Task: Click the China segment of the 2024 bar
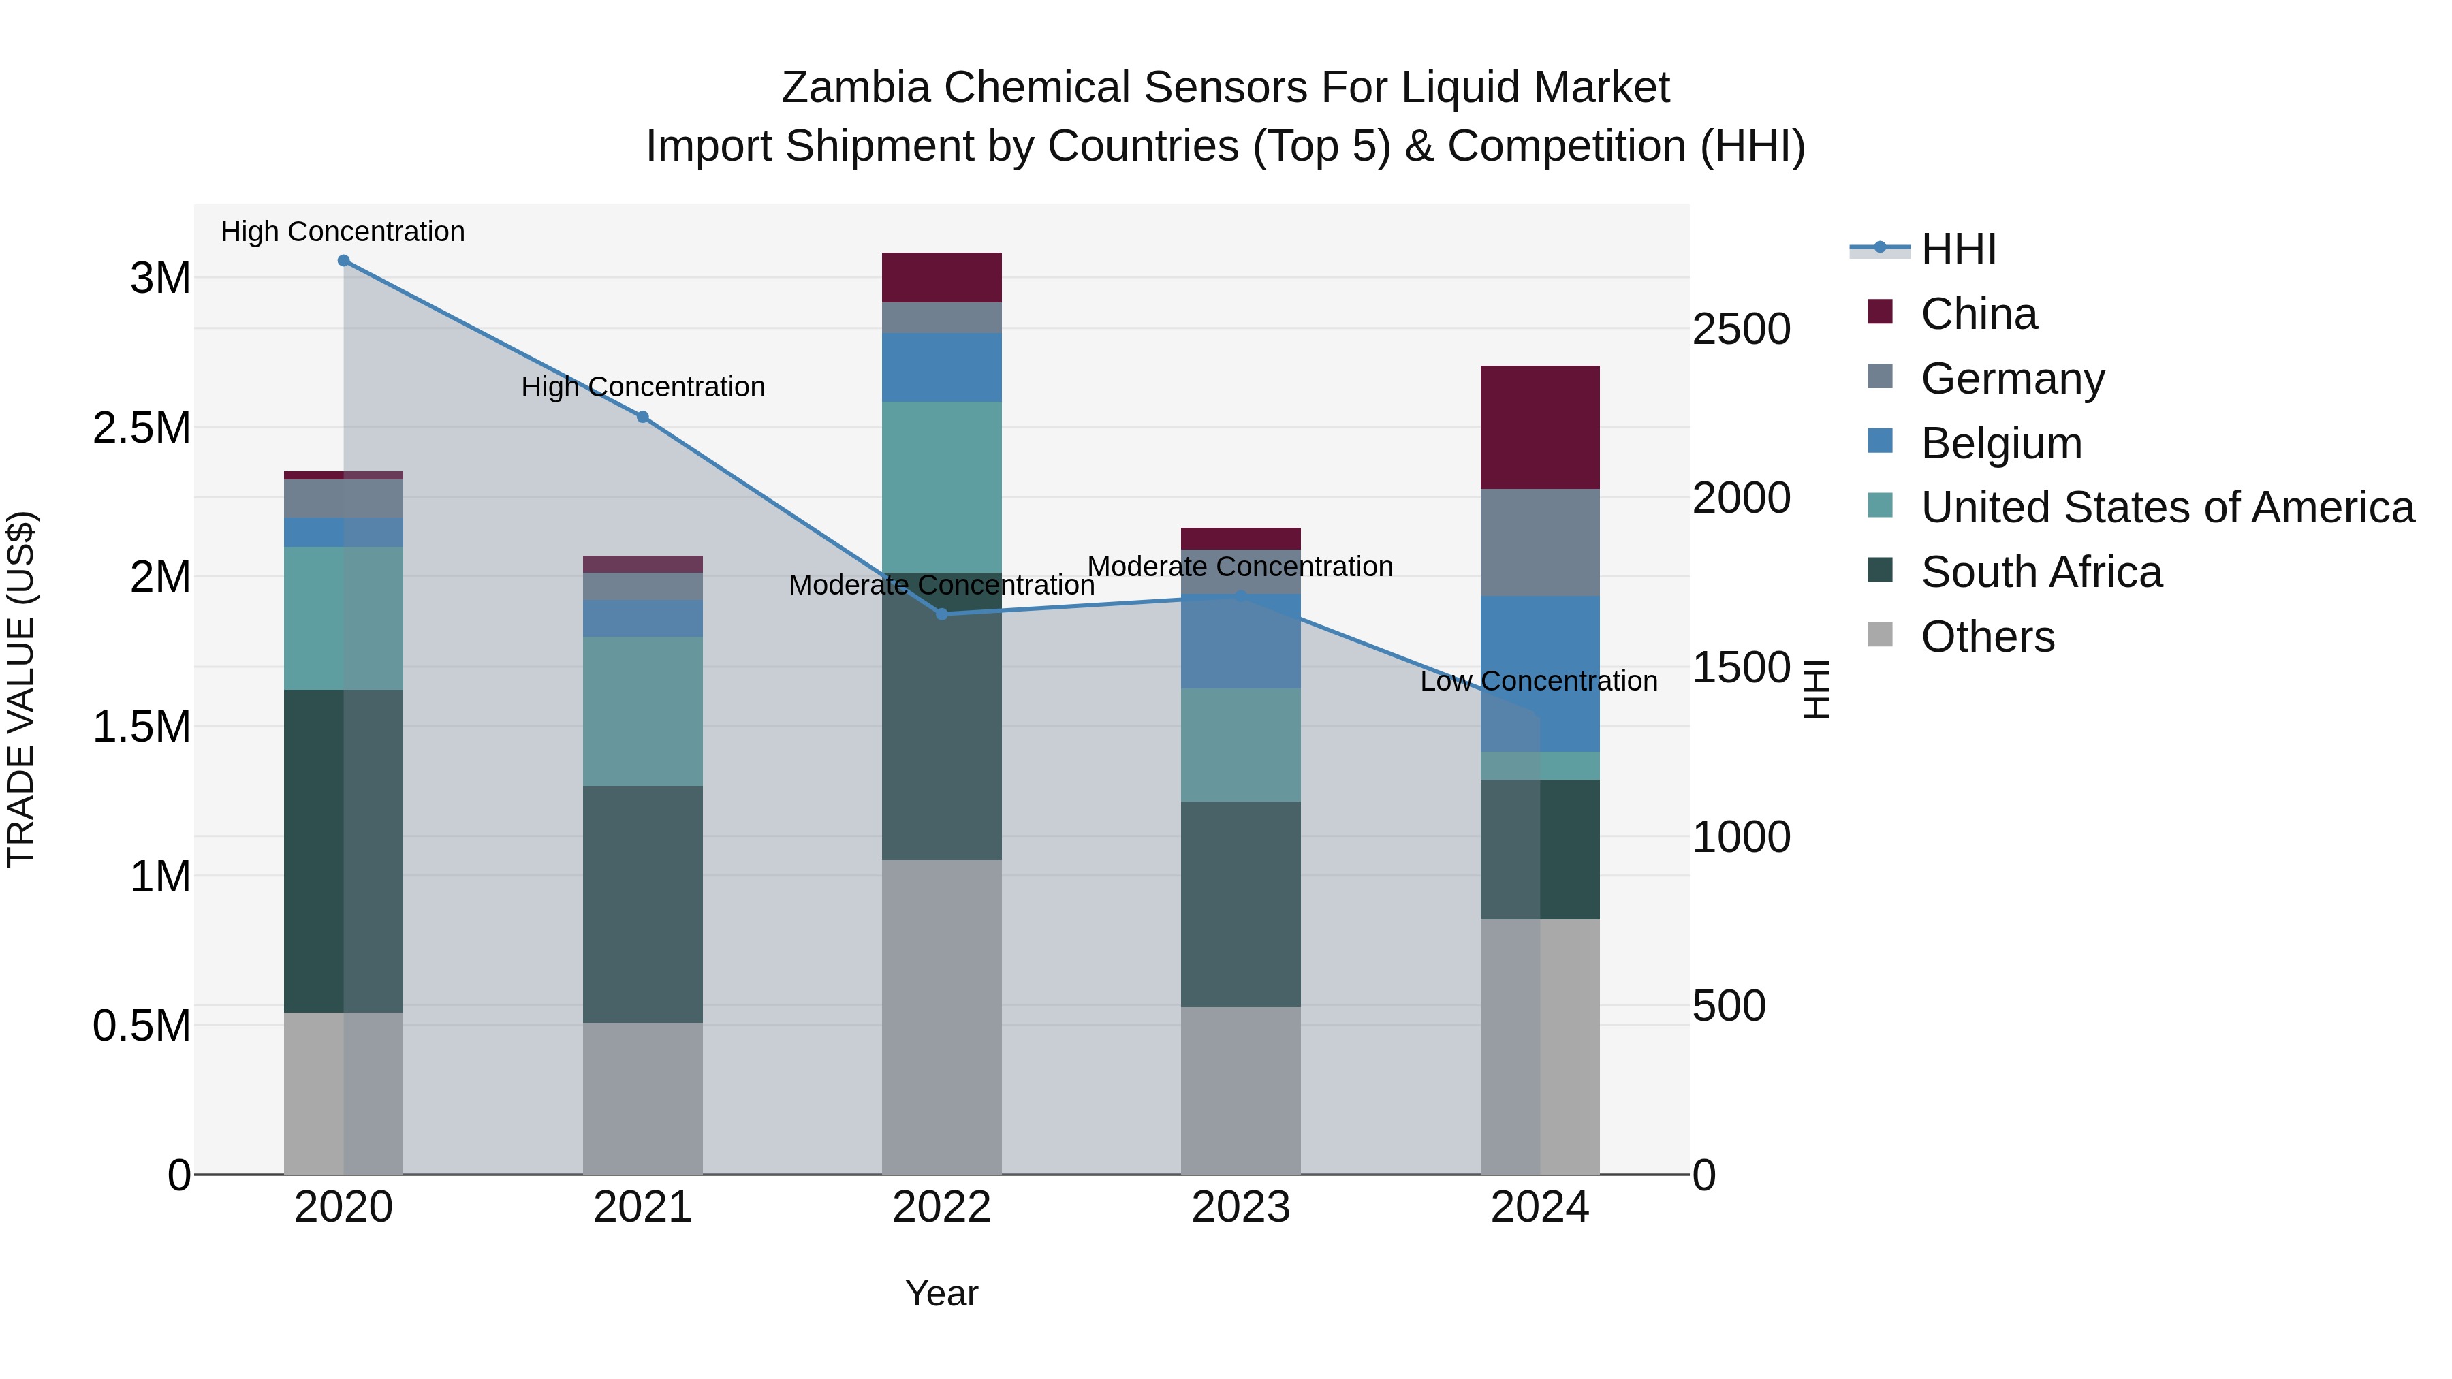click(x=1539, y=427)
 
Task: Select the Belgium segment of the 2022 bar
click(x=941, y=367)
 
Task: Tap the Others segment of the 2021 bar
click(x=642, y=1098)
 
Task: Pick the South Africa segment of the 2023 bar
click(x=1240, y=904)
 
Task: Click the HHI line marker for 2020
click(x=344, y=261)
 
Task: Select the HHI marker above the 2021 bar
click(x=642, y=417)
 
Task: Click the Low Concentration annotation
click(x=1538, y=682)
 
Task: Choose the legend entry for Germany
click(x=2012, y=379)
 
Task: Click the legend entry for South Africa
click(x=2041, y=573)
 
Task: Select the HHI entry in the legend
click(x=1958, y=249)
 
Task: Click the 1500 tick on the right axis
click(x=1741, y=667)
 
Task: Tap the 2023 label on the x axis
click(x=1240, y=1207)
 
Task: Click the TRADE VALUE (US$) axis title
click(x=21, y=689)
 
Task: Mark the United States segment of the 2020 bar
click(x=344, y=618)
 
